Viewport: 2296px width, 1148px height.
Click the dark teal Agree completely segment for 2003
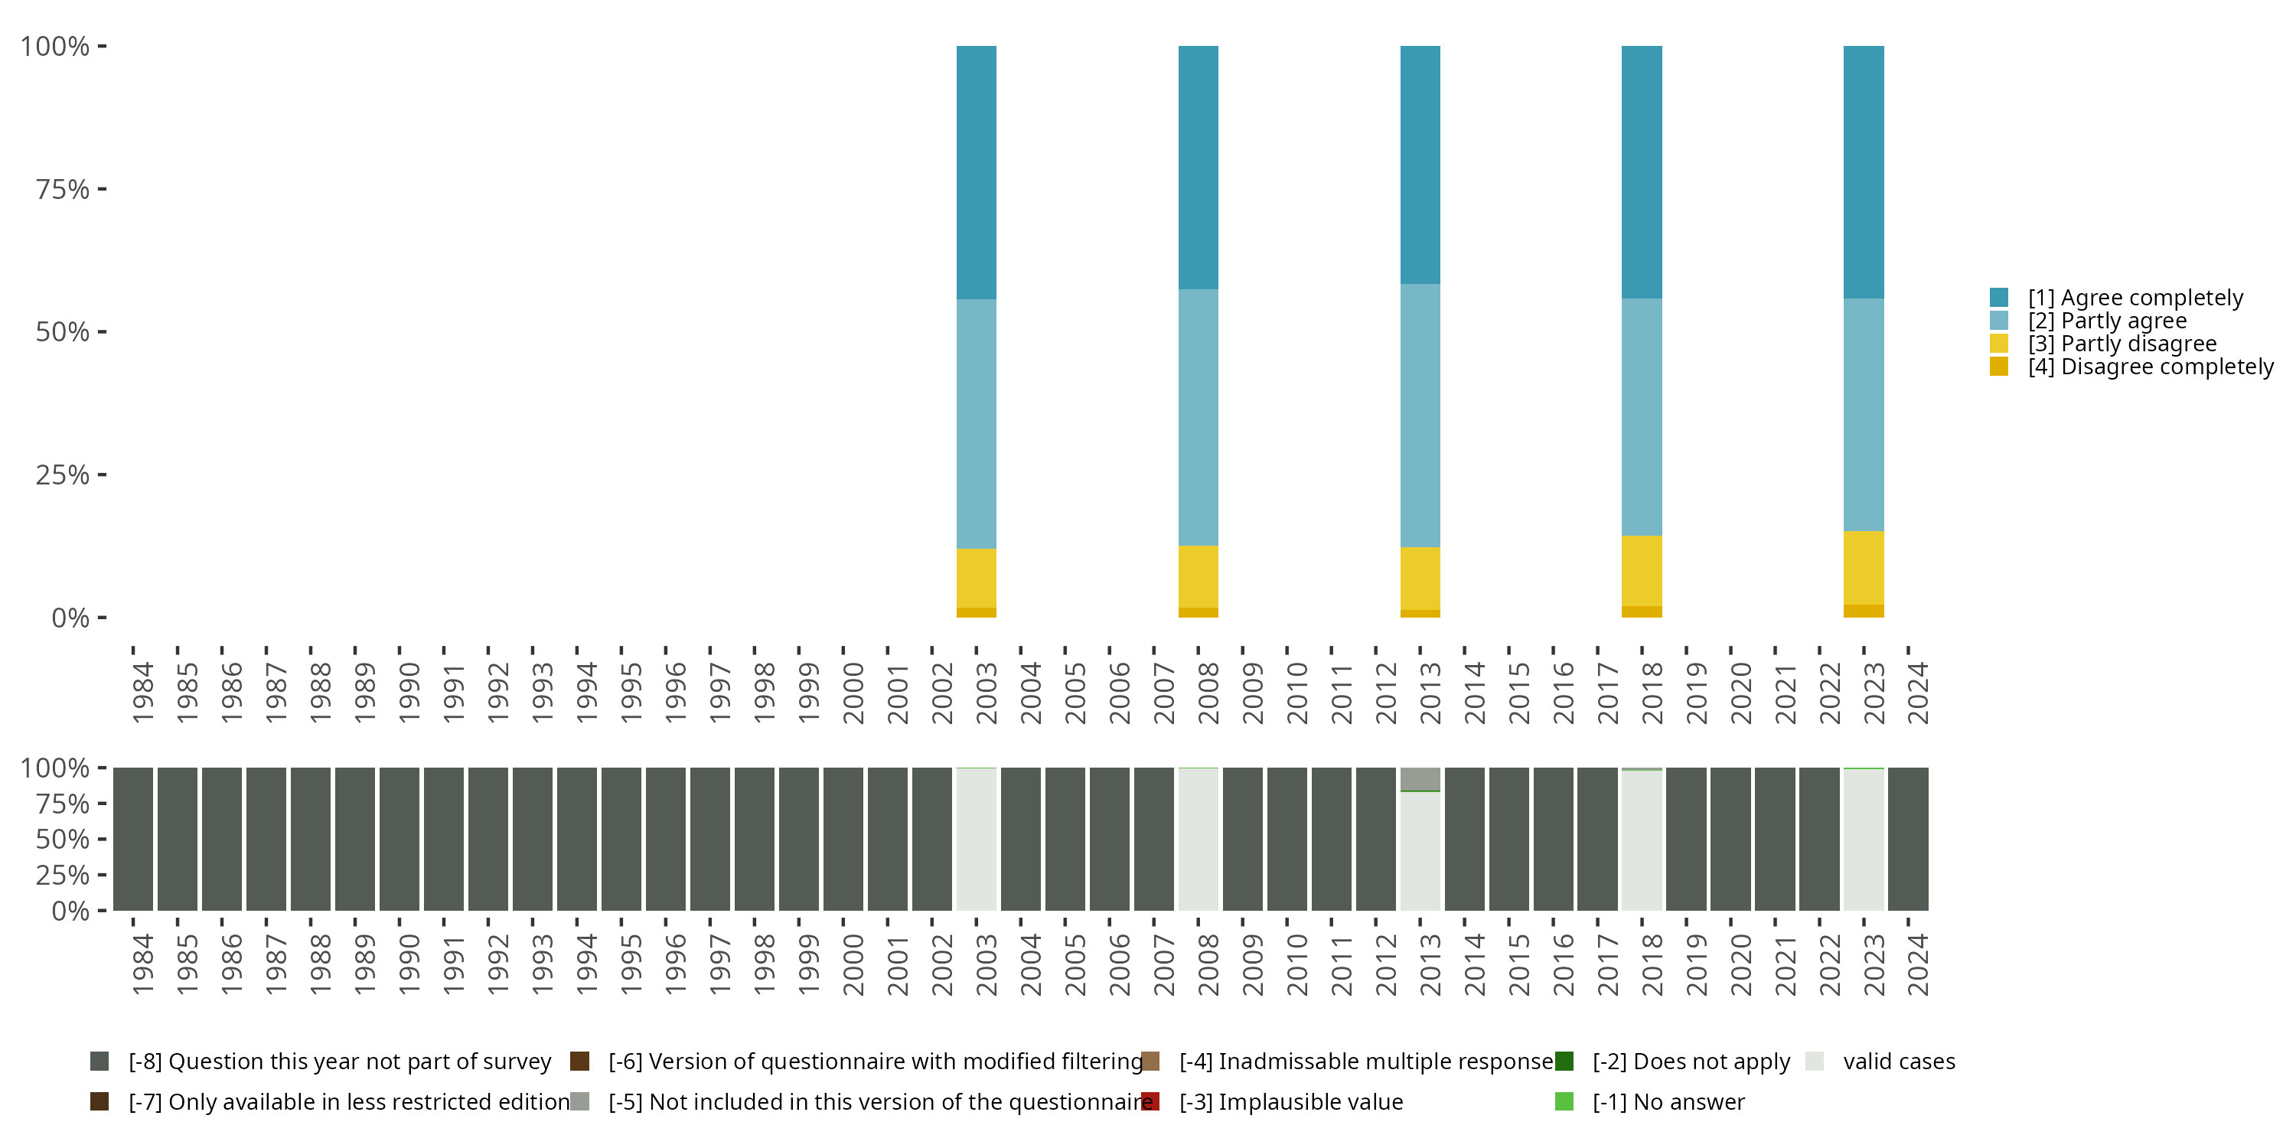coord(976,172)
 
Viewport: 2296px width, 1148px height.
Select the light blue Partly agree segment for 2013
coord(1420,416)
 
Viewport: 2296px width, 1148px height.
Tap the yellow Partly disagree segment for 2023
coord(1863,568)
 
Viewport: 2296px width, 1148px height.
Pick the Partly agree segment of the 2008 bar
coord(1198,417)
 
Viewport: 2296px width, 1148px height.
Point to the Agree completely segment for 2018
coord(1641,172)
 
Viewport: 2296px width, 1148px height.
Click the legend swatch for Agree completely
coord(1998,298)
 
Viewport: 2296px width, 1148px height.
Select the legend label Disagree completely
coord(2150,367)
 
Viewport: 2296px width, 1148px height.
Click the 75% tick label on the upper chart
coord(63,189)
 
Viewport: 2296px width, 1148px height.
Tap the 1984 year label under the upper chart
coord(142,693)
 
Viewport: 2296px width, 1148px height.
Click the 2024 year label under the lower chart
coord(1917,964)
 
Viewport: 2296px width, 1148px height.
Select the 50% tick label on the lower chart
coord(63,840)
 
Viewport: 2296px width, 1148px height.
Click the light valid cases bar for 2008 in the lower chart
coord(1198,840)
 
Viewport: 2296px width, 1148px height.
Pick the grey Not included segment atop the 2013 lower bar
coord(1420,778)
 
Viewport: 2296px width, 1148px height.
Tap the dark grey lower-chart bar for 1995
coord(621,840)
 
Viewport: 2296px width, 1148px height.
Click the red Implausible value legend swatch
coord(1150,1101)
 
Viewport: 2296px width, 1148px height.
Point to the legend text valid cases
coord(1899,1062)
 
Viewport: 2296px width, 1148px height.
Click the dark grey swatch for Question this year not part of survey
coord(99,1062)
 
